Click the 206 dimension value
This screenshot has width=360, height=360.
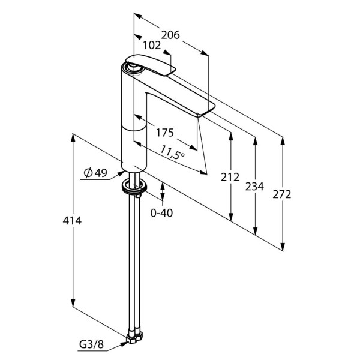point(171,35)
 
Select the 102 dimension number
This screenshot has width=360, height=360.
point(152,45)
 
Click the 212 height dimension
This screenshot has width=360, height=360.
point(230,177)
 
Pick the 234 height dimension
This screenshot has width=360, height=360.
point(255,187)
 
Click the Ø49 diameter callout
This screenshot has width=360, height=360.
point(95,173)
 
